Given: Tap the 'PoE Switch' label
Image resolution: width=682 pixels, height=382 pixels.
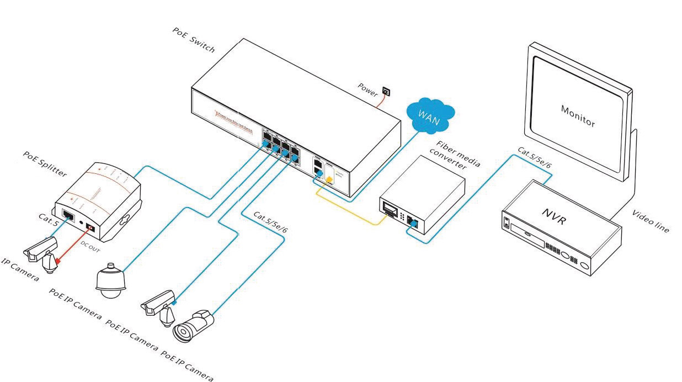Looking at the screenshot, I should click(193, 42).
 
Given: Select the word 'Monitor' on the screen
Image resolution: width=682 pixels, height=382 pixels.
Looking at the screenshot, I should click(578, 116).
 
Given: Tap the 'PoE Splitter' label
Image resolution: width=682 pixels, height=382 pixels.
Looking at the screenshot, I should click(45, 165).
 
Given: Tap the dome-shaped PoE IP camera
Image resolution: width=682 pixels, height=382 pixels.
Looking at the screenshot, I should click(111, 281).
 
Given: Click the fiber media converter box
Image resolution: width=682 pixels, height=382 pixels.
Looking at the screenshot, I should click(422, 199).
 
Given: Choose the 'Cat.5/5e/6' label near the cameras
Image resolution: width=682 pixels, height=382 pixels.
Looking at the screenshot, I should click(270, 222).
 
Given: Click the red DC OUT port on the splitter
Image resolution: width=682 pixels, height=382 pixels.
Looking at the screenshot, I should click(89, 227).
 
